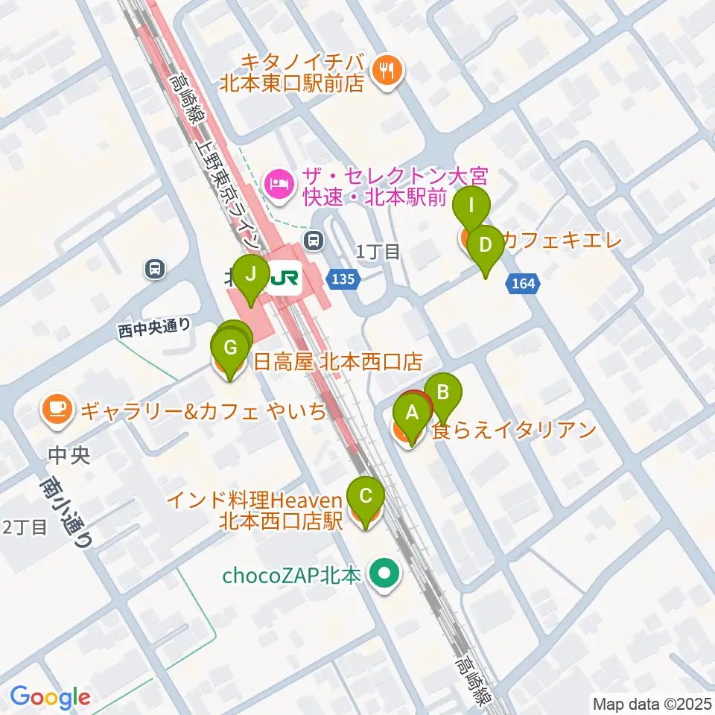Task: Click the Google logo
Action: (x=50, y=697)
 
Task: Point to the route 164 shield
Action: (x=524, y=282)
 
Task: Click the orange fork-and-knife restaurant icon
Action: (x=387, y=70)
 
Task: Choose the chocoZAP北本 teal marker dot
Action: (x=385, y=575)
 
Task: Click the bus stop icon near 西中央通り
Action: (x=155, y=267)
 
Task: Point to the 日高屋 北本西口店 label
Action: (x=339, y=363)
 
